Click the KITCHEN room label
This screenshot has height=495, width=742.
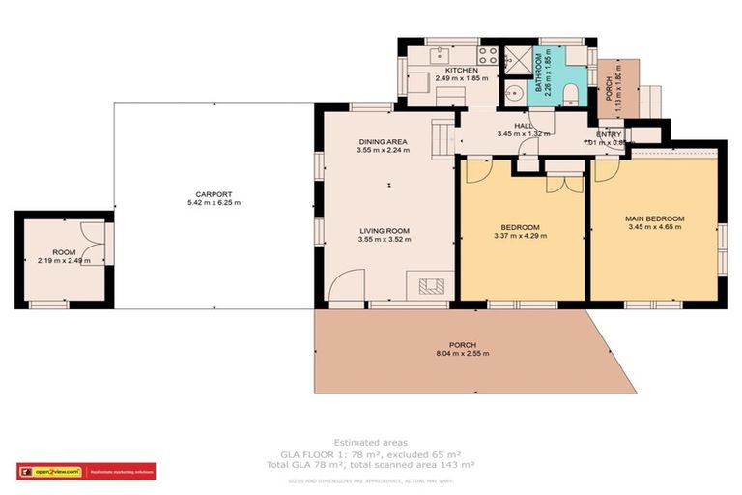pyautogui.click(x=460, y=71)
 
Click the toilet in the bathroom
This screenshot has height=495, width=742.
pyautogui.click(x=571, y=94)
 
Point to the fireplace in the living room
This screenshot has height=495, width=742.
pyautogui.click(x=432, y=285)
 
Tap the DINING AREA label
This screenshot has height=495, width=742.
pyautogui.click(x=383, y=141)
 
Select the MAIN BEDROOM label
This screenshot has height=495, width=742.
pyautogui.click(x=654, y=219)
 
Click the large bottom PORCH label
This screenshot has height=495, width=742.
pyautogui.click(x=462, y=345)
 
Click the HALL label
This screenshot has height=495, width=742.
pyautogui.click(x=523, y=126)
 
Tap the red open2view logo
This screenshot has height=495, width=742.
pyautogui.click(x=49, y=471)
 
